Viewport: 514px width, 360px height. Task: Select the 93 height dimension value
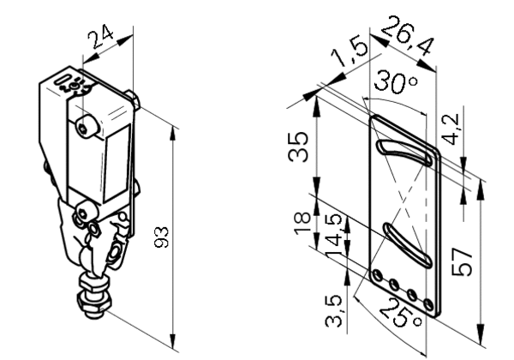pos(162,237)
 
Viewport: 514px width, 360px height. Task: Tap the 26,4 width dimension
pos(408,35)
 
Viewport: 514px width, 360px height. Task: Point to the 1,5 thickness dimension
pos(350,52)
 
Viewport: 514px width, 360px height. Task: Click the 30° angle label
pos(396,81)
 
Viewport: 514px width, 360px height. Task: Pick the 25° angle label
pos(400,313)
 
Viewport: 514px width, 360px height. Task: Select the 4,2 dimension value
pos(451,129)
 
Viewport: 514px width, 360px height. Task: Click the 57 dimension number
pos(462,261)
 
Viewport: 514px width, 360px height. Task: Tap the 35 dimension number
pos(298,147)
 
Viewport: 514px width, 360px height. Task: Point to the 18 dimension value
pos(302,223)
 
